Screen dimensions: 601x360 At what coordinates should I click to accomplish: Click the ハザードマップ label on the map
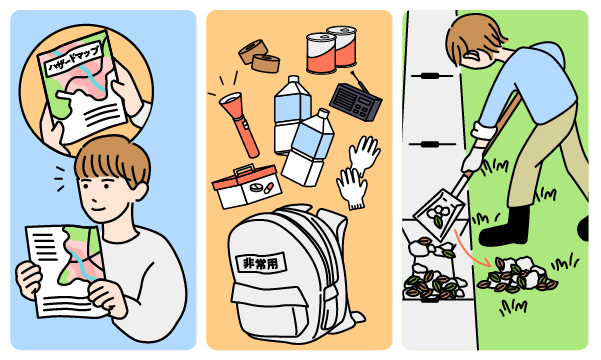point(74,58)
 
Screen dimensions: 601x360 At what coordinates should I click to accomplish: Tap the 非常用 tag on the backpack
point(261,263)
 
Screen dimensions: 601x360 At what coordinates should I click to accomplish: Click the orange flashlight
point(240,123)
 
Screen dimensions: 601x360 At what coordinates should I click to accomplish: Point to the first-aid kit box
point(246,187)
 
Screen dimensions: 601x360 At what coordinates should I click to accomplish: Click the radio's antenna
point(360,82)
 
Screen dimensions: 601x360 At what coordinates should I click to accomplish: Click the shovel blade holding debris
point(440,214)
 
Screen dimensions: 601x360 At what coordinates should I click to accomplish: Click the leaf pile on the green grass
point(517,274)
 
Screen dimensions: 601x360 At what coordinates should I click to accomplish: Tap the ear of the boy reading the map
point(141,191)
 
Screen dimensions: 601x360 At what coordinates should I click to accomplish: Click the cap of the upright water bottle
point(293,79)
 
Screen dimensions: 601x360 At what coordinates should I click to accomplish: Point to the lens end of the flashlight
point(230,99)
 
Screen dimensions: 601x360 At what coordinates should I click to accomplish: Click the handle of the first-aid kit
point(245,168)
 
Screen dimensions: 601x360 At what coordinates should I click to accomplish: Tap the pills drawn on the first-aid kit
point(261,187)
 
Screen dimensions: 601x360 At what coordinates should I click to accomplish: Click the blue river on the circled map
point(79,70)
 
